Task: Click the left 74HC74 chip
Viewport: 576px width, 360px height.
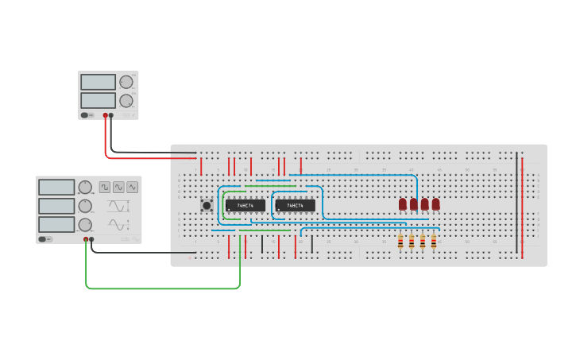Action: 245,205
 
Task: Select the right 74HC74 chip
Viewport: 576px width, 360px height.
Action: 295,205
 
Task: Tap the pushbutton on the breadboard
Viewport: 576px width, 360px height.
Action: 207,205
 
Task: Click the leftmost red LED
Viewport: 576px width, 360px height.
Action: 403,204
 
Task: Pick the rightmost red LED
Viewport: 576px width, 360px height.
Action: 435,204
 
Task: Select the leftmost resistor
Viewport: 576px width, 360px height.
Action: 400,242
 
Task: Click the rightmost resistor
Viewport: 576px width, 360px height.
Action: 434,242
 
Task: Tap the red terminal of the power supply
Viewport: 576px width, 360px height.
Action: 104,115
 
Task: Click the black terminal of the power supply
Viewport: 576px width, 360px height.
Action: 111,115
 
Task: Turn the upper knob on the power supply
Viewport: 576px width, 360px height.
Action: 126,82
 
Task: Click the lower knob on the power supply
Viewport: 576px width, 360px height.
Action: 126,101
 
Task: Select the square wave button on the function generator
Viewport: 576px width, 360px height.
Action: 105,188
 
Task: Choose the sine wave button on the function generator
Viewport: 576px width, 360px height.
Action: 118,188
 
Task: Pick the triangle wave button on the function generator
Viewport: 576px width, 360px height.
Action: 132,188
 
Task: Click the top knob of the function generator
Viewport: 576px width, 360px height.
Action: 85,188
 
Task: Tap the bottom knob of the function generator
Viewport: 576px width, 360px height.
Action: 85,225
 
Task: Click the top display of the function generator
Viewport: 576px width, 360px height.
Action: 56,188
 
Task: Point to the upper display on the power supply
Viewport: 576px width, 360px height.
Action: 98,82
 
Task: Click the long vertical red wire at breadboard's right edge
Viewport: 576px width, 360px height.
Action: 522,207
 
